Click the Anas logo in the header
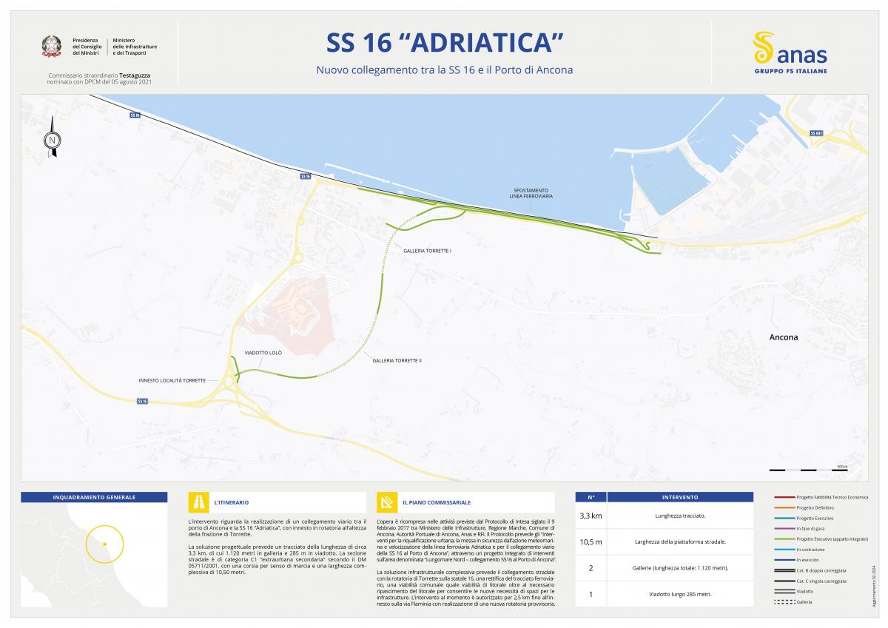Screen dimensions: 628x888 (x=790, y=53)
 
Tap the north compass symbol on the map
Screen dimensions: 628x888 (x=52, y=138)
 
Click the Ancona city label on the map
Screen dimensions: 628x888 (x=783, y=337)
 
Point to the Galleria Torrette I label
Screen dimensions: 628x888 (x=427, y=251)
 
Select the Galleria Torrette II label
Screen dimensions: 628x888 (x=397, y=360)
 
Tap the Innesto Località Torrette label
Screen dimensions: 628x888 (x=172, y=380)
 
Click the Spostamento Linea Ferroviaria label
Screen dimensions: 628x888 (x=531, y=193)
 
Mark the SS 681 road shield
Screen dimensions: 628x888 (x=816, y=133)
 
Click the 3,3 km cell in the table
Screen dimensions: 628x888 (x=591, y=515)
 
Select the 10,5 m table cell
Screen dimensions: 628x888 (x=591, y=541)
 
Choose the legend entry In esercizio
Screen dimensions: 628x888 (x=807, y=560)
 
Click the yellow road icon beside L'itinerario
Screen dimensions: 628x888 (x=198, y=502)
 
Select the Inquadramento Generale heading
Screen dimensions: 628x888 (x=94, y=497)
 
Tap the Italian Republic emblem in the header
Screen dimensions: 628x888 (x=52, y=47)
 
